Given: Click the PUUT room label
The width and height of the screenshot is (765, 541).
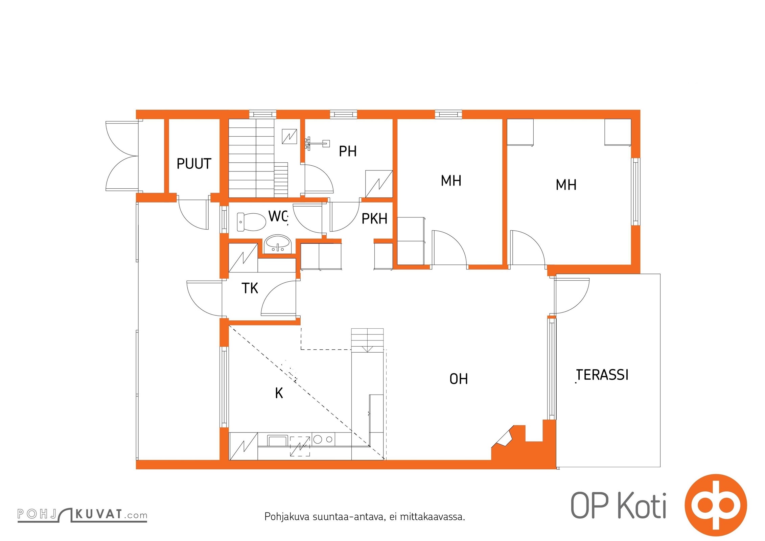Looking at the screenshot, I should click(x=194, y=164).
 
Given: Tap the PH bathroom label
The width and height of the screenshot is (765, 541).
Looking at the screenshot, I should click(x=348, y=151).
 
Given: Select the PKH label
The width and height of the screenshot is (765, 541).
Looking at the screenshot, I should click(x=374, y=219).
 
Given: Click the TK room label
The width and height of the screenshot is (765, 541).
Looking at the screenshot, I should click(x=250, y=288).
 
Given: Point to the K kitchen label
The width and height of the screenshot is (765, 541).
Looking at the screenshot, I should click(x=279, y=393).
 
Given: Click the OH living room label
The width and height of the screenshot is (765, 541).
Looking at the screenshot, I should click(x=459, y=379).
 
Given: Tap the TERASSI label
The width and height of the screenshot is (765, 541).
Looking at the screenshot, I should click(x=602, y=375).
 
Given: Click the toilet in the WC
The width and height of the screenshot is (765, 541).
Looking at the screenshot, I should click(x=251, y=222).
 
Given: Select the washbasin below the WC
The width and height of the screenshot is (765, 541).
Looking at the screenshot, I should click(x=278, y=243).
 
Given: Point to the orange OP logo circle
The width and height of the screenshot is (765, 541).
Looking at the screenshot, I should click(x=715, y=506).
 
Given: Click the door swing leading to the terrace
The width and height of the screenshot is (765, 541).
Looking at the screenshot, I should click(x=572, y=296).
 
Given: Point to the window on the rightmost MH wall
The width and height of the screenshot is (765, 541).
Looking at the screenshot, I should click(x=635, y=191).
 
